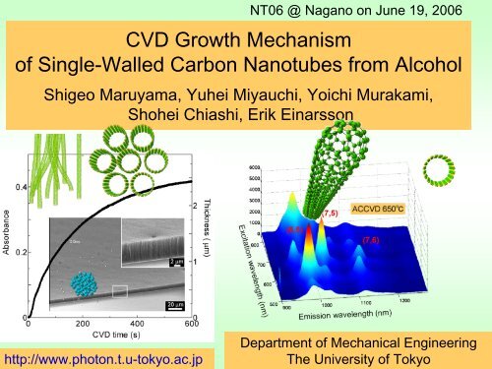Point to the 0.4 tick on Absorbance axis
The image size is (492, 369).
19,186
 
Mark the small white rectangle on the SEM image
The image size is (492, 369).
121,291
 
